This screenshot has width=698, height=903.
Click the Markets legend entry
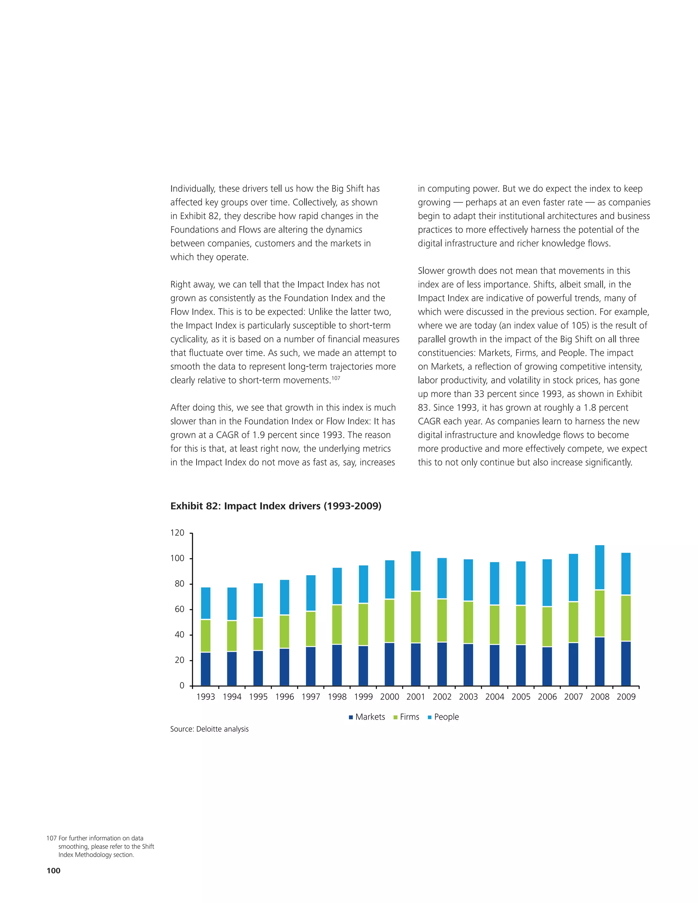367,717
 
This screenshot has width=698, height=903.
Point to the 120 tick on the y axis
177,533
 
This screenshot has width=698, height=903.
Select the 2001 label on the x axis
415,697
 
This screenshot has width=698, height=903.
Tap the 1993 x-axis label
206,697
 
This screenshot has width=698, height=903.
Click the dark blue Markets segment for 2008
600,661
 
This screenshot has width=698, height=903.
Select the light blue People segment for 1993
206,603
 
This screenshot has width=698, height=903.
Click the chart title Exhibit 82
276,506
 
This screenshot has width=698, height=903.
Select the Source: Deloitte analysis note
209,729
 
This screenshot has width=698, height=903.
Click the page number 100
54,870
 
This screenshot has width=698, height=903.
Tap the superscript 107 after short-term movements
336,378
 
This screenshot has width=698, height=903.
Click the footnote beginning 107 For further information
101,846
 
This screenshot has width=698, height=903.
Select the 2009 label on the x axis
626,697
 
